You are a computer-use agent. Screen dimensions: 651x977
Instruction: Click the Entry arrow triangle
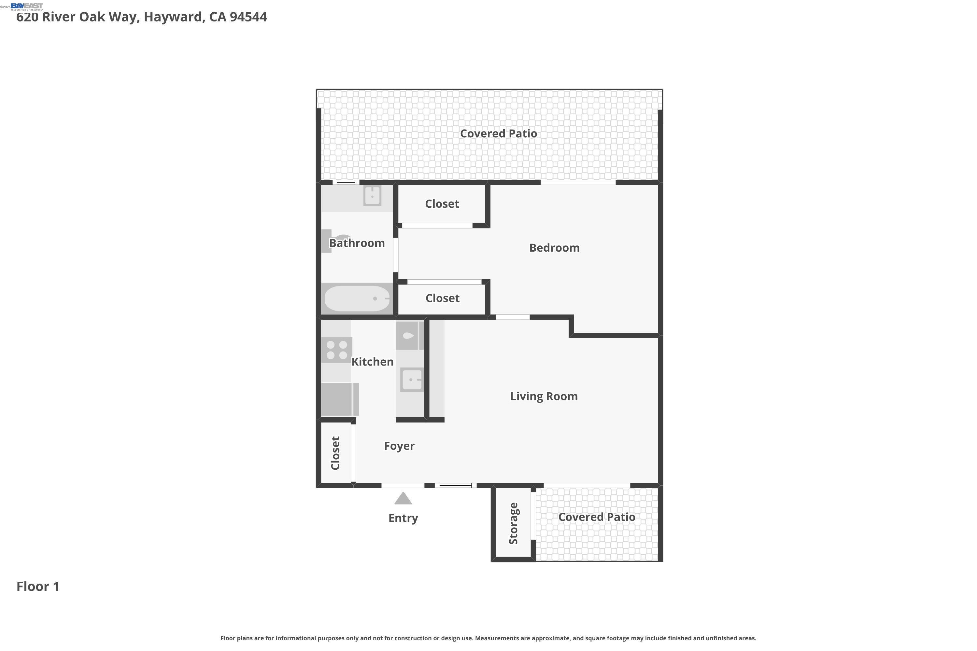pyautogui.click(x=403, y=498)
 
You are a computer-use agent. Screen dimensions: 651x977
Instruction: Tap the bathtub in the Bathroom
pyautogui.click(x=356, y=298)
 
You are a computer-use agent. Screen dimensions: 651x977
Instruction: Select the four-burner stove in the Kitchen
pyautogui.click(x=336, y=350)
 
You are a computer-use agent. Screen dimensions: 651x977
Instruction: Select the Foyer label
pyautogui.click(x=399, y=446)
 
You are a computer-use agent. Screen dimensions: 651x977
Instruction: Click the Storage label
pyautogui.click(x=514, y=523)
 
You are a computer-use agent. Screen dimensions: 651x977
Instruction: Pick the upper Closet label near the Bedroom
pyautogui.click(x=442, y=204)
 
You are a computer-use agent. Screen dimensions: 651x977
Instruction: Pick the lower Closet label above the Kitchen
pyautogui.click(x=442, y=298)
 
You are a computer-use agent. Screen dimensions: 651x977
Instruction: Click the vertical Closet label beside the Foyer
pyautogui.click(x=335, y=453)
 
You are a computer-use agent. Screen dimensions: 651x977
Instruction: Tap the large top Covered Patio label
pyautogui.click(x=498, y=134)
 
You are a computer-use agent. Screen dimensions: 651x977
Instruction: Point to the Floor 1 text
pyautogui.click(x=38, y=586)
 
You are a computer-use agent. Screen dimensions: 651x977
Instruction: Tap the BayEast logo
pyautogui.click(x=27, y=6)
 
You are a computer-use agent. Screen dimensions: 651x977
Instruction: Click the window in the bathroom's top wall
pyautogui.click(x=346, y=182)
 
